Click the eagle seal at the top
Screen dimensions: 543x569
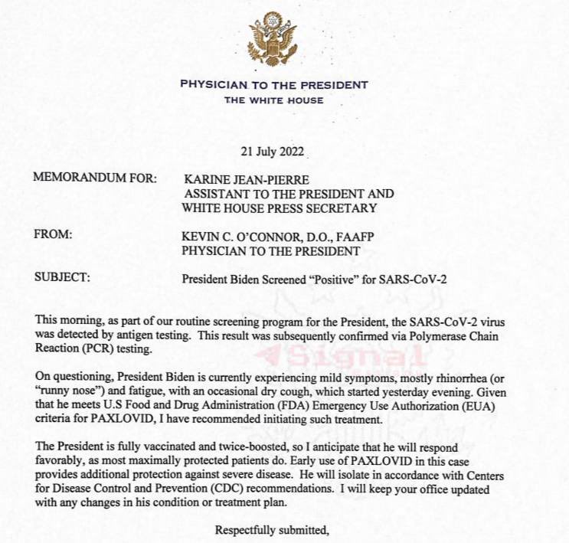[274, 38]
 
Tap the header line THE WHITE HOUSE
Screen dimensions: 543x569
[273, 100]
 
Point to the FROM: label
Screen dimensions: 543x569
[53, 235]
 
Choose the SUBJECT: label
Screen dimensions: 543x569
[62, 278]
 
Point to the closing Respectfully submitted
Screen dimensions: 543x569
[273, 530]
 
